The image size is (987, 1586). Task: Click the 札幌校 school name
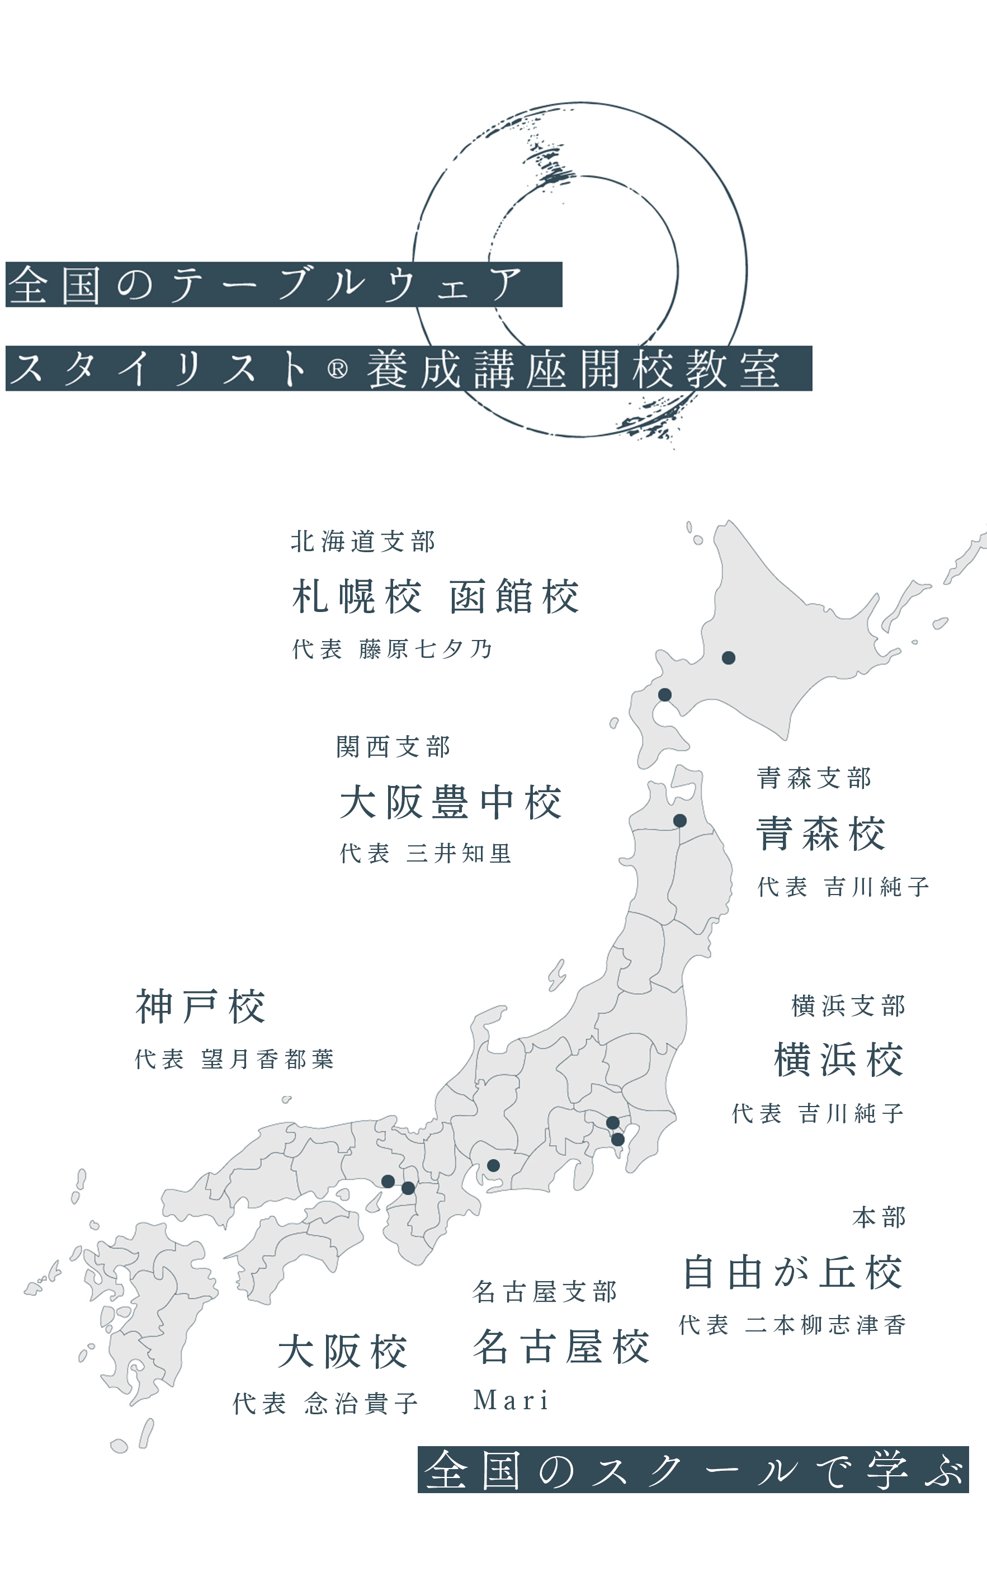pyautogui.click(x=356, y=597)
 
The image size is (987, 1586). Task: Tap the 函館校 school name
pyautogui.click(x=514, y=597)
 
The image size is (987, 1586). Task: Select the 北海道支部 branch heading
pyautogui.click(x=363, y=542)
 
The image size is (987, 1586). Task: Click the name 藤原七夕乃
pyautogui.click(x=426, y=649)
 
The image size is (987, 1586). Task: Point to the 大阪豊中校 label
pyautogui.click(x=450, y=802)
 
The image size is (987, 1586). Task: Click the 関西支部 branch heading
pyautogui.click(x=393, y=747)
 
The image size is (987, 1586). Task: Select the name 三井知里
pyautogui.click(x=459, y=853)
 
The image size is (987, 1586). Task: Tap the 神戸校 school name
pyautogui.click(x=200, y=1007)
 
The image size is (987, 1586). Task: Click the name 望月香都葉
pyautogui.click(x=268, y=1059)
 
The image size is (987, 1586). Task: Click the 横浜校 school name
pyautogui.click(x=839, y=1060)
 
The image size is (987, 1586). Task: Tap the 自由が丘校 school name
pyautogui.click(x=792, y=1273)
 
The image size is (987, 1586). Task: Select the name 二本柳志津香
pyautogui.click(x=826, y=1325)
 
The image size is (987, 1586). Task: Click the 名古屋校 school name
pyautogui.click(x=561, y=1347)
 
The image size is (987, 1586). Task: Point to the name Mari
pyautogui.click(x=511, y=1400)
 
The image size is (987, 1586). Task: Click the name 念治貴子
pyautogui.click(x=361, y=1403)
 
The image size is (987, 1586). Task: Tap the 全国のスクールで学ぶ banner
pyautogui.click(x=693, y=1470)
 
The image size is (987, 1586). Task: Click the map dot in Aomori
pyautogui.click(x=679, y=821)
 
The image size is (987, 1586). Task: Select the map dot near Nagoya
pyautogui.click(x=493, y=1165)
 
